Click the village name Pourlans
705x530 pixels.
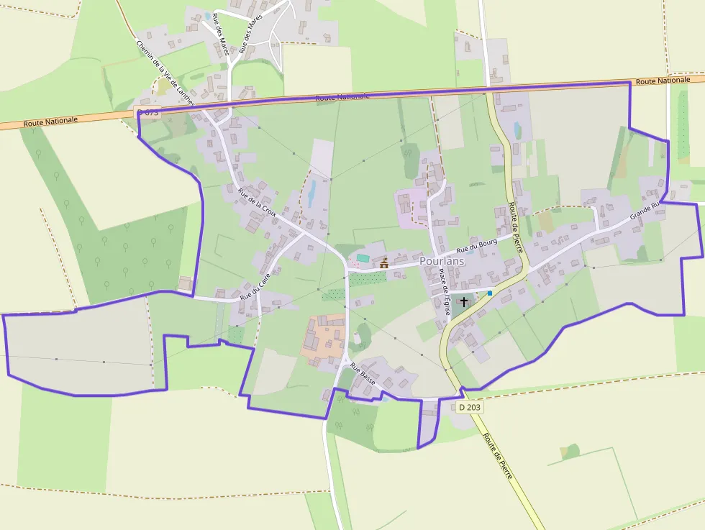(442, 261)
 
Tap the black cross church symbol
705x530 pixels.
(464, 301)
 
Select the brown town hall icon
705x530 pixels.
(384, 264)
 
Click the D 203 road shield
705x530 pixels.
(470, 407)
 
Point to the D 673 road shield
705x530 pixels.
(147, 113)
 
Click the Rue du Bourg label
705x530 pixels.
(477, 246)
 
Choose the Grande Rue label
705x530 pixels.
(645, 211)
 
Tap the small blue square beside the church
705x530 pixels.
(490, 293)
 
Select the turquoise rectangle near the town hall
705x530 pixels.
(363, 257)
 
